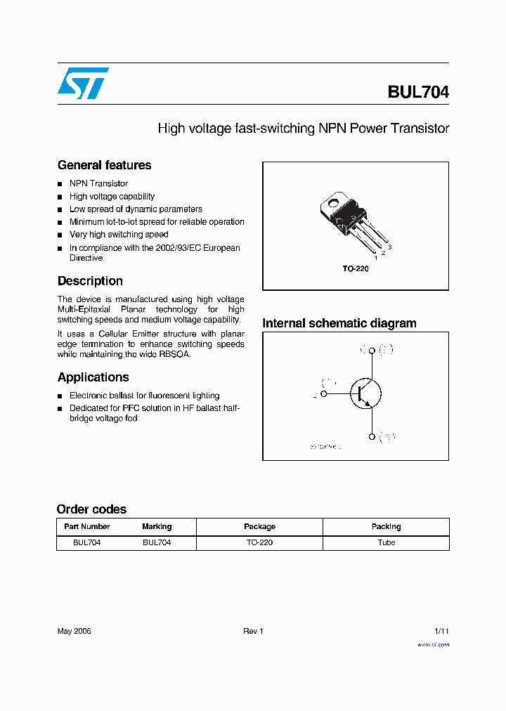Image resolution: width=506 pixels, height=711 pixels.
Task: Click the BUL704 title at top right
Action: (417, 92)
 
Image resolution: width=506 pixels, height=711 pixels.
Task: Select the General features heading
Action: (104, 165)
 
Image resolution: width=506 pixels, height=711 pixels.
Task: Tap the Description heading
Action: (90, 281)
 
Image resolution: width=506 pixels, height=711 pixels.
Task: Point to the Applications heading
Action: (93, 377)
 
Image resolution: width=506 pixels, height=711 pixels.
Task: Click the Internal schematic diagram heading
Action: (339, 323)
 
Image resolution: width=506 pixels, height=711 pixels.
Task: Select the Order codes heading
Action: (91, 509)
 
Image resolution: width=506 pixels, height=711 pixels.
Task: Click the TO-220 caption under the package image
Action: (356, 269)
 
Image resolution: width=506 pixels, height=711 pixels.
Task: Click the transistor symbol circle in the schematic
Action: (365, 393)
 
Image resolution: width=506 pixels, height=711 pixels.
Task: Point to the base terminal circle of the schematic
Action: (324, 394)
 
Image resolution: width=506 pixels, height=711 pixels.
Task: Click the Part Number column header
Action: (87, 526)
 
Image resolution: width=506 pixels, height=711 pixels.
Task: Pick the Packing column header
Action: (386, 526)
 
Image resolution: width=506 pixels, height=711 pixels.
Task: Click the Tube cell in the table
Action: (386, 542)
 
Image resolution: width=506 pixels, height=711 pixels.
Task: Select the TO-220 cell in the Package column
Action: (259, 542)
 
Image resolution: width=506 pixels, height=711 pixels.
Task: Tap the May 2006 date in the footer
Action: (74, 631)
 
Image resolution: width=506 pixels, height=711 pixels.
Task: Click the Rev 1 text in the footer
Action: (253, 631)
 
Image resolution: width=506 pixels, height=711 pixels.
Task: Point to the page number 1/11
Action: (441, 631)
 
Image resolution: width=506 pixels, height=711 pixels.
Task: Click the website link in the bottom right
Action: (433, 644)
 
